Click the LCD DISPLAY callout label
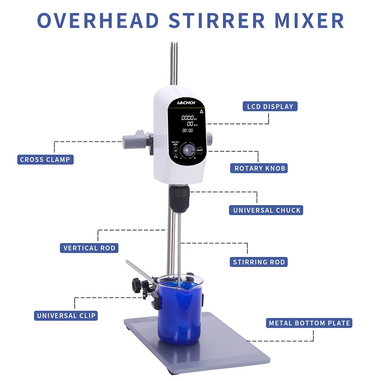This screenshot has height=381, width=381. point(270,106)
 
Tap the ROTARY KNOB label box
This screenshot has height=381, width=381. point(259,168)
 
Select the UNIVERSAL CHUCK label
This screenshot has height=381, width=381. point(267,210)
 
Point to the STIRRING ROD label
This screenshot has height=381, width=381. point(259,262)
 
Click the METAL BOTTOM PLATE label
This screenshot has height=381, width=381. point(309,323)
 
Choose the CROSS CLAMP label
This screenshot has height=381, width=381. point(45,160)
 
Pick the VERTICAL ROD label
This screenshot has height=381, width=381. point(89,248)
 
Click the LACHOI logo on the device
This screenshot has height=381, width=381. point(186,102)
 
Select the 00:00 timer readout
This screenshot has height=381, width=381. point(187,130)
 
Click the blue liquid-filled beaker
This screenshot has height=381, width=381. point(181,309)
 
